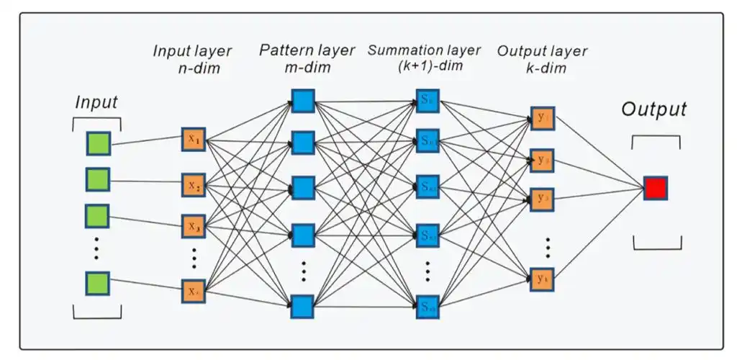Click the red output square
[655, 188]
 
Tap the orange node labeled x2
[194, 185]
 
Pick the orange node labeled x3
[194, 227]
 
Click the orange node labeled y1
[541, 117]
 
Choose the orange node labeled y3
[541, 197]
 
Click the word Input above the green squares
[96, 102]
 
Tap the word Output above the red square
[654, 109]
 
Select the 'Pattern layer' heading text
[307, 50]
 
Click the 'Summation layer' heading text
[424, 50]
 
